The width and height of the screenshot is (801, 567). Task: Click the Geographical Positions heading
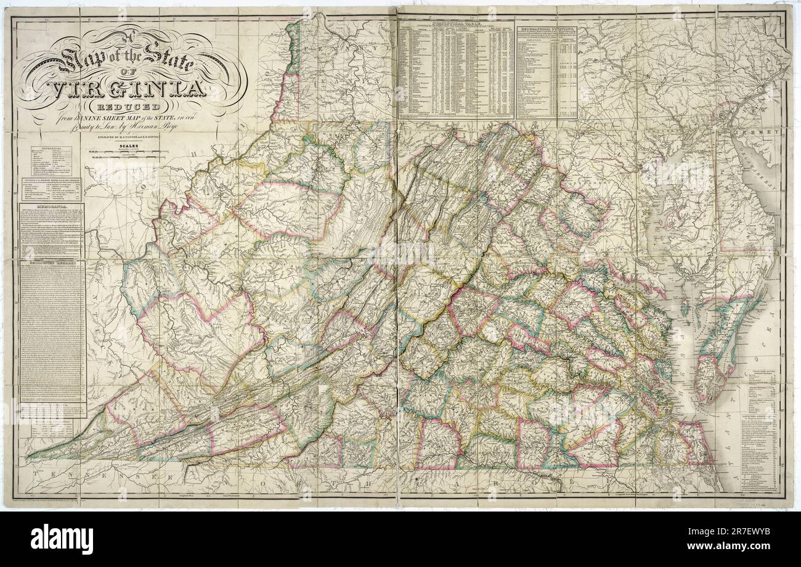[x=546, y=28]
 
